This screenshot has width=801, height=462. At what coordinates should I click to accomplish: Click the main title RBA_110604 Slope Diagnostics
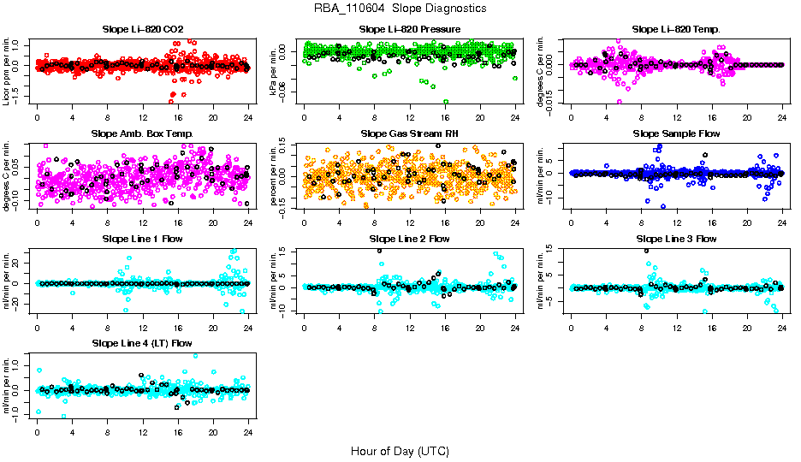point(400,8)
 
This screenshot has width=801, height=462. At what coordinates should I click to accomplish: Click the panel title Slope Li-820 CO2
point(142,30)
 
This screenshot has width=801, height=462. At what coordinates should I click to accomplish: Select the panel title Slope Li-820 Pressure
point(410,30)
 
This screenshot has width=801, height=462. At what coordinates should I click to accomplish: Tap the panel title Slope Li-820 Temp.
point(676,30)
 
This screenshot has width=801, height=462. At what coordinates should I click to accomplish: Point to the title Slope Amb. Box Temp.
point(142,134)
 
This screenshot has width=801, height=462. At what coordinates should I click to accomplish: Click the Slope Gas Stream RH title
point(410,134)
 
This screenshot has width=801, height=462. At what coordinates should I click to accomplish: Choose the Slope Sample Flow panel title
point(676,134)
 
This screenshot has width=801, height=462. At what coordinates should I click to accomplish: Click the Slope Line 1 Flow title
point(142,239)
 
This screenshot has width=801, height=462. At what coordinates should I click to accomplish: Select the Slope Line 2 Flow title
point(410,239)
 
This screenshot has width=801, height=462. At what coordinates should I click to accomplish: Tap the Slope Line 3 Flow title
point(676,239)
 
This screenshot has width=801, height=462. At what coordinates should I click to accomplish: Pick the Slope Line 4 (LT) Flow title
point(142,343)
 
